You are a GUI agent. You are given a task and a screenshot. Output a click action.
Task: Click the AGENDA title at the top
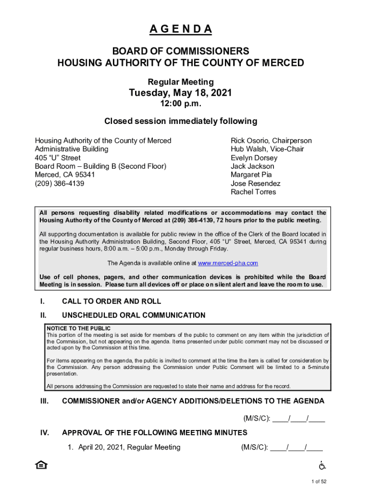(x=181, y=29)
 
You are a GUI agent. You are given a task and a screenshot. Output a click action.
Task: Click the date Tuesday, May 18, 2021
(x=181, y=93)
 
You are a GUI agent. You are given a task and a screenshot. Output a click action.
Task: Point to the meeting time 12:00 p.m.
(x=181, y=104)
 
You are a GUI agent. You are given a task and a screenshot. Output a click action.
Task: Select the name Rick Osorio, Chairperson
(x=271, y=141)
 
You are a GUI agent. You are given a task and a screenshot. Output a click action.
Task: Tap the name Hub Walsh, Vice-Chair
(x=267, y=149)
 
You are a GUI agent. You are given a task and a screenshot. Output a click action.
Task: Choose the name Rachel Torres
(x=253, y=192)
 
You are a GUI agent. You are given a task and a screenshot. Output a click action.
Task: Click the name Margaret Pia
(x=251, y=175)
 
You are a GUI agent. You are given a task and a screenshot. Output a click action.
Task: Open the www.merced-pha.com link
(x=228, y=263)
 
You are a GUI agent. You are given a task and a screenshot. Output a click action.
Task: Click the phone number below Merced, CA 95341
(x=59, y=184)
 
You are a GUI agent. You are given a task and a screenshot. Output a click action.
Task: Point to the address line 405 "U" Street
(x=58, y=158)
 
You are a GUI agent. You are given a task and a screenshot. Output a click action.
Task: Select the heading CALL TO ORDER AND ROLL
(x=111, y=302)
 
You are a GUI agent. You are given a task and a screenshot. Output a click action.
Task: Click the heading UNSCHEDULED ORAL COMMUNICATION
(x=134, y=315)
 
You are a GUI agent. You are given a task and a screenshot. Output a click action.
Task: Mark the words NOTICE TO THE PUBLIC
(x=78, y=328)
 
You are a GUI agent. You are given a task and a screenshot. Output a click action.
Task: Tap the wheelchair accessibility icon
(x=322, y=465)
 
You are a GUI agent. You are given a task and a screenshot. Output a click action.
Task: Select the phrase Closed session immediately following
(x=181, y=121)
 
